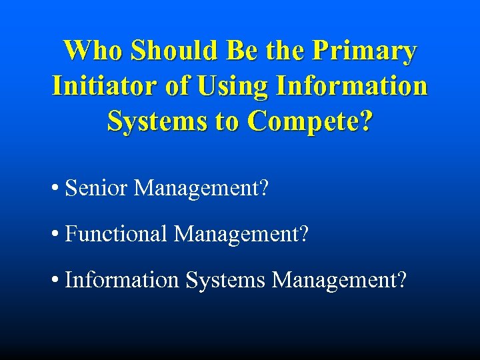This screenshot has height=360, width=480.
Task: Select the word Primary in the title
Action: tap(366, 51)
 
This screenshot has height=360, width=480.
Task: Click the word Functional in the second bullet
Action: tap(116, 234)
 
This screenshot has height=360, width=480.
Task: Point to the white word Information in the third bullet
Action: tap(122, 280)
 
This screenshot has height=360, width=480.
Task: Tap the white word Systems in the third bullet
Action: tap(225, 280)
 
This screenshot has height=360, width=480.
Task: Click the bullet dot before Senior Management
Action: tap(54, 189)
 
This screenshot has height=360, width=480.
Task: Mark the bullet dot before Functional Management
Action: tap(54, 235)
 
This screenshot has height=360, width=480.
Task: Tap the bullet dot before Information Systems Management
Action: tap(54, 281)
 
